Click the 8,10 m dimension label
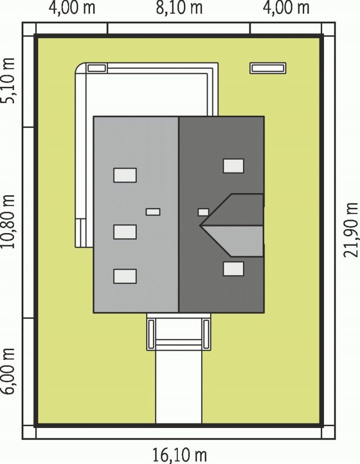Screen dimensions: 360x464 (179, 8)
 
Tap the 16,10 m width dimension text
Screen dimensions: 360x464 (179, 455)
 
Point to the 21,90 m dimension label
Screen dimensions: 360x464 (351, 230)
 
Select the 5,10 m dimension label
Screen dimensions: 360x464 (8, 80)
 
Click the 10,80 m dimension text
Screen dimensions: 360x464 (8, 221)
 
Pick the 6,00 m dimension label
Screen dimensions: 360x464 (8, 371)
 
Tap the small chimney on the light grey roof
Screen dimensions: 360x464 (153, 212)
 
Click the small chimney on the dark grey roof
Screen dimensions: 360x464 (203, 212)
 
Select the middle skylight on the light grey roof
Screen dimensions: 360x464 (125, 232)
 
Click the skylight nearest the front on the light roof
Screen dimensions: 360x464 (125, 276)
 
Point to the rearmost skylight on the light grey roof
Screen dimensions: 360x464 (125, 175)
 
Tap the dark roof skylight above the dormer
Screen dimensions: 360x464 (234, 166)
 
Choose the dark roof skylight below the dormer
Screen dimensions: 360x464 (234, 269)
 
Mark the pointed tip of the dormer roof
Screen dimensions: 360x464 (200, 225)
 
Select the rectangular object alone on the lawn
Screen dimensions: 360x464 (268, 68)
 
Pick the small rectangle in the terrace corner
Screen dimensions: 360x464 (97, 68)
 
